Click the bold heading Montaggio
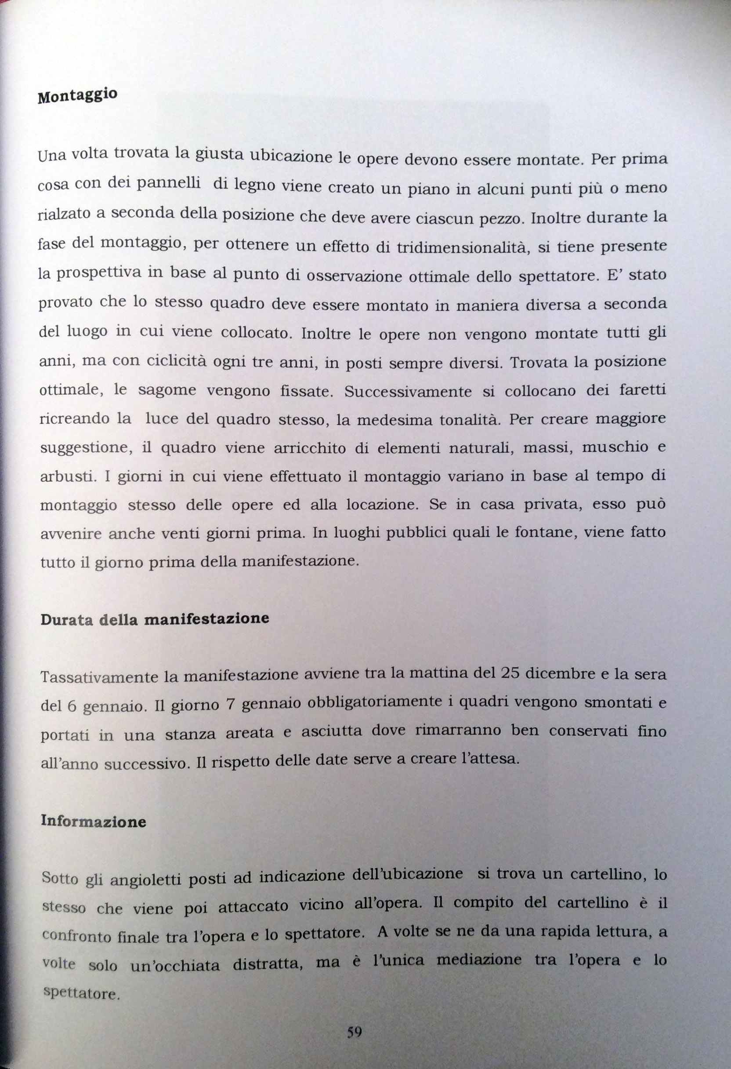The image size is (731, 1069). [77, 96]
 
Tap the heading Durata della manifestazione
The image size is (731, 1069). [155, 619]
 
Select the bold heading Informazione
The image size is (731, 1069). [93, 821]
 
